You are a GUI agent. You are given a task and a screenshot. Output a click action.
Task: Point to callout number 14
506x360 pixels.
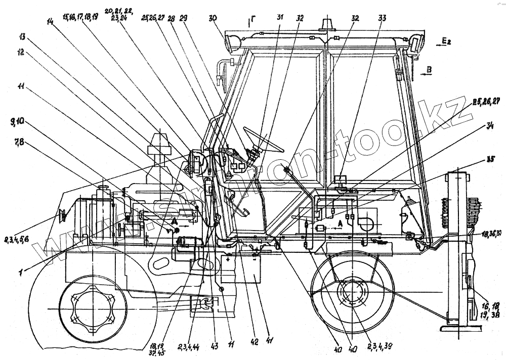[50, 23]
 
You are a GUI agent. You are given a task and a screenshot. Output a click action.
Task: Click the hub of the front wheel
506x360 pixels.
[93, 308]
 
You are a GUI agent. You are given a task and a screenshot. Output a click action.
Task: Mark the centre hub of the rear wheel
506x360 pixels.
[352, 295]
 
